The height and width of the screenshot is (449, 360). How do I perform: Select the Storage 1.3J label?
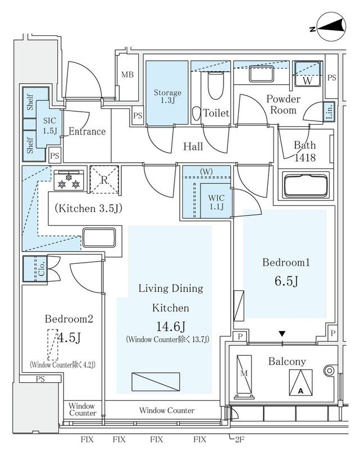pyautogui.click(x=167, y=97)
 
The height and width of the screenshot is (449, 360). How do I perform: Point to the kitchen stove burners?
pyautogui.click(x=70, y=179)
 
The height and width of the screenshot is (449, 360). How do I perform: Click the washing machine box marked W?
pyautogui.click(x=308, y=73)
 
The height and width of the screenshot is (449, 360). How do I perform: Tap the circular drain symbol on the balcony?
pyautogui.click(x=329, y=370)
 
